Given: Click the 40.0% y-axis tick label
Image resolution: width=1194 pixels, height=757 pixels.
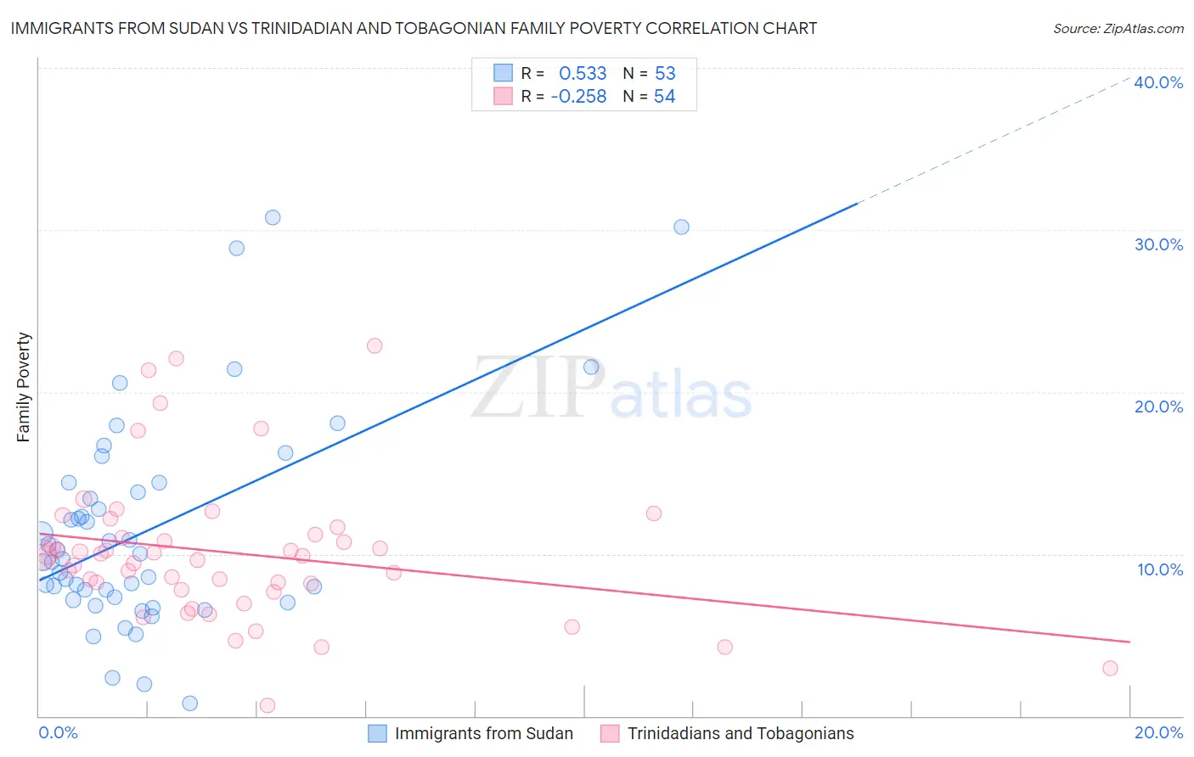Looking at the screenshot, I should coord(1158,82).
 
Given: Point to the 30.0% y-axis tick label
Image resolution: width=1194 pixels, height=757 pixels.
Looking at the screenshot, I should coord(1158,244).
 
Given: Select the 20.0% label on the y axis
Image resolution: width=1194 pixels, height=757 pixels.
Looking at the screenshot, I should coord(1158,407).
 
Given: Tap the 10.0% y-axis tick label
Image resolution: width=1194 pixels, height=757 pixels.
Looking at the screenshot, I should coord(1160,569).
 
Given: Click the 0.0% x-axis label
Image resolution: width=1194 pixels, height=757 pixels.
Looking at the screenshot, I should coord(58,732).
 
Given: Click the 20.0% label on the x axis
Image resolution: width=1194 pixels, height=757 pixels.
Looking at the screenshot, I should coord(1158,732).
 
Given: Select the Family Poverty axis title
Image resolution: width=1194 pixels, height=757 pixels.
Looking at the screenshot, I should coord(24,387).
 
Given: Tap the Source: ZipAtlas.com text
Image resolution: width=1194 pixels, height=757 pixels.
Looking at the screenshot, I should coord(1118,28).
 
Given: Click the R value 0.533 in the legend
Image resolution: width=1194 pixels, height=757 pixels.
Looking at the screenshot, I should coord(583,73).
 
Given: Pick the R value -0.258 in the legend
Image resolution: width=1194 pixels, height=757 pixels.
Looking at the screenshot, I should coord(578,97).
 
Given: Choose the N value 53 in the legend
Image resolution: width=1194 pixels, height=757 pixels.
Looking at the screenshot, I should coord(665,73).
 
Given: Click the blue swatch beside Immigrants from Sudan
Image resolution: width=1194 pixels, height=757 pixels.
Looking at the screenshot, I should coord(377,733).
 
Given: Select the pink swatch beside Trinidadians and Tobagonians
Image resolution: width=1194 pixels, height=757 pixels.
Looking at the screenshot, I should coord(610,733).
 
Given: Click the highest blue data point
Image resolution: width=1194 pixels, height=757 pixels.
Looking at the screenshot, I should coord(273,217).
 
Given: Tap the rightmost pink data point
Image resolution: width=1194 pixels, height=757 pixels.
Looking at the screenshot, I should coord(1110,668).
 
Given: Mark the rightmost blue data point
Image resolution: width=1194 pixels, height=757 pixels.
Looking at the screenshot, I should coord(681,227).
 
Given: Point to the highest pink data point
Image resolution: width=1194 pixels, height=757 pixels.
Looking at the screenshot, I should coord(375,345).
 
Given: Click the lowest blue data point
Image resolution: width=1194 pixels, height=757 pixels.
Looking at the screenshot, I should coord(190,704).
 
